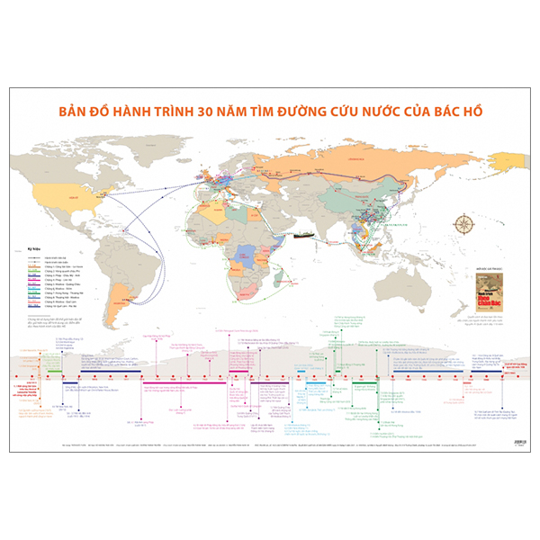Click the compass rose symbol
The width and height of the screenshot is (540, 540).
click(465, 223)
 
